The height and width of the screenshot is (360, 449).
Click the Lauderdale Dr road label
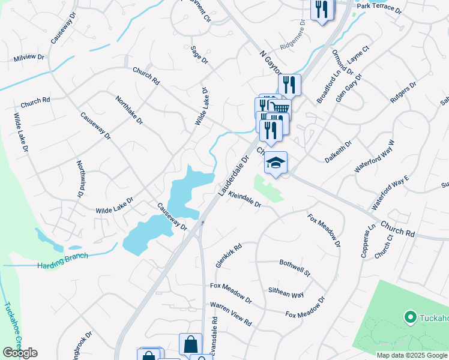pyautogui.click(x=232, y=176)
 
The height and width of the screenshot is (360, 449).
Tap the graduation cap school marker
pyautogui.click(x=276, y=163)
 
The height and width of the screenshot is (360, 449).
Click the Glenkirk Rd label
pyautogui.click(x=228, y=256)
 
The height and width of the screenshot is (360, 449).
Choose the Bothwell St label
pyautogui.click(x=295, y=268)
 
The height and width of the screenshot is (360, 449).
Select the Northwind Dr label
pyautogui.click(x=80, y=179)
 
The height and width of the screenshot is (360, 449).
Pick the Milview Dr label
pyautogui.click(x=28, y=58)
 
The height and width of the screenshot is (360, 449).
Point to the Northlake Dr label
pyautogui.click(x=129, y=110)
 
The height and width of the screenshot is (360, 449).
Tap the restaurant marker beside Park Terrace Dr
pyautogui.click(x=321, y=8)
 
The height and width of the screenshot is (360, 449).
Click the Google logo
pyautogui.click(x=20, y=353)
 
